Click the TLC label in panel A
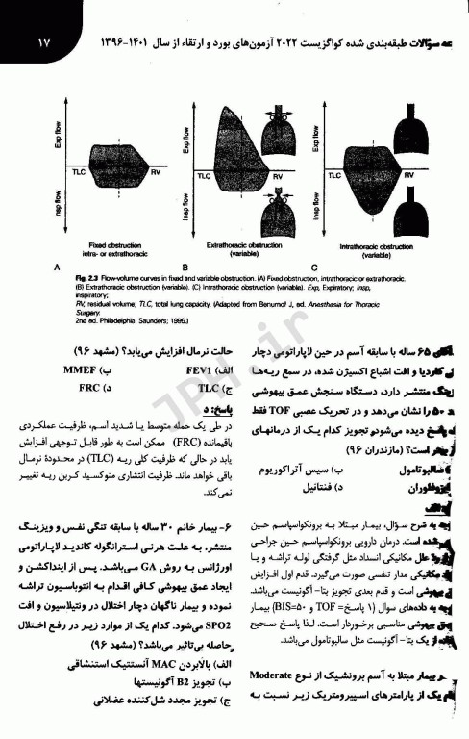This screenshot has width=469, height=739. [x=79, y=170]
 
